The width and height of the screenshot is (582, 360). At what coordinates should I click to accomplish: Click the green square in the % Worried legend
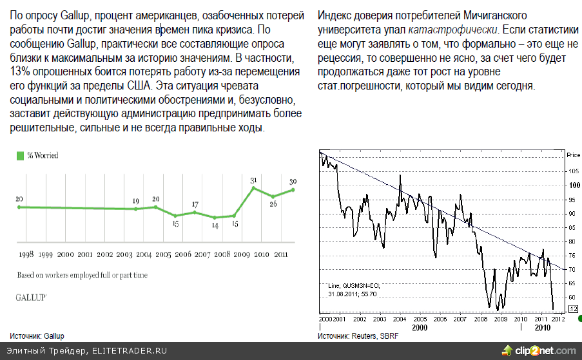pyautogui.click(x=20, y=155)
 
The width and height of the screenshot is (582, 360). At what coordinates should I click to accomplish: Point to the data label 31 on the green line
pyautogui.click(x=254, y=180)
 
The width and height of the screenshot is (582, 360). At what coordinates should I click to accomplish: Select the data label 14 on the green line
pyautogui.click(x=215, y=225)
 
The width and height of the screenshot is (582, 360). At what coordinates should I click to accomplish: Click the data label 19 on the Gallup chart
pyautogui.click(x=135, y=202)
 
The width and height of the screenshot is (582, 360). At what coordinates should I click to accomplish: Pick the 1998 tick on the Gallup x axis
pyautogui.click(x=26, y=255)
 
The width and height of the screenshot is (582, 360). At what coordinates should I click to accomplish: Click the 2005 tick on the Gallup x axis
pyautogui.click(x=164, y=255)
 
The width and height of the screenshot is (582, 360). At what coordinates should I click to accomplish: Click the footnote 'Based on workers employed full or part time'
pyautogui.click(x=82, y=275)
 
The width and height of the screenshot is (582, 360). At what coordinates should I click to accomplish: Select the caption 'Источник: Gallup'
pyautogui.click(x=37, y=336)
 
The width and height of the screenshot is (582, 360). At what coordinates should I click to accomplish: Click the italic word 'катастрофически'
pyautogui.click(x=453, y=30)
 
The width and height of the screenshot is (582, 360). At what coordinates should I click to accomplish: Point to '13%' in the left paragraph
pyautogui.click(x=21, y=71)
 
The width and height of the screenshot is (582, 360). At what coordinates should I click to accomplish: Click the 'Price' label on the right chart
pyautogui.click(x=573, y=155)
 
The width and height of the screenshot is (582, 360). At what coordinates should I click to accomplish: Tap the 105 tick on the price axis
pyautogui.click(x=572, y=171)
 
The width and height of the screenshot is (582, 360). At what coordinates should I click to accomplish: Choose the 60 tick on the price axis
pyautogui.click(x=572, y=298)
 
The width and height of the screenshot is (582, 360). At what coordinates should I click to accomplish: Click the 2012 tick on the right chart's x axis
pyautogui.click(x=559, y=319)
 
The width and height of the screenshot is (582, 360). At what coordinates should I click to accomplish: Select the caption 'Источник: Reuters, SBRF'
pyautogui.click(x=358, y=336)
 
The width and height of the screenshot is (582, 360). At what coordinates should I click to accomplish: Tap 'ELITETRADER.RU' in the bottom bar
pyautogui.click(x=129, y=351)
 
